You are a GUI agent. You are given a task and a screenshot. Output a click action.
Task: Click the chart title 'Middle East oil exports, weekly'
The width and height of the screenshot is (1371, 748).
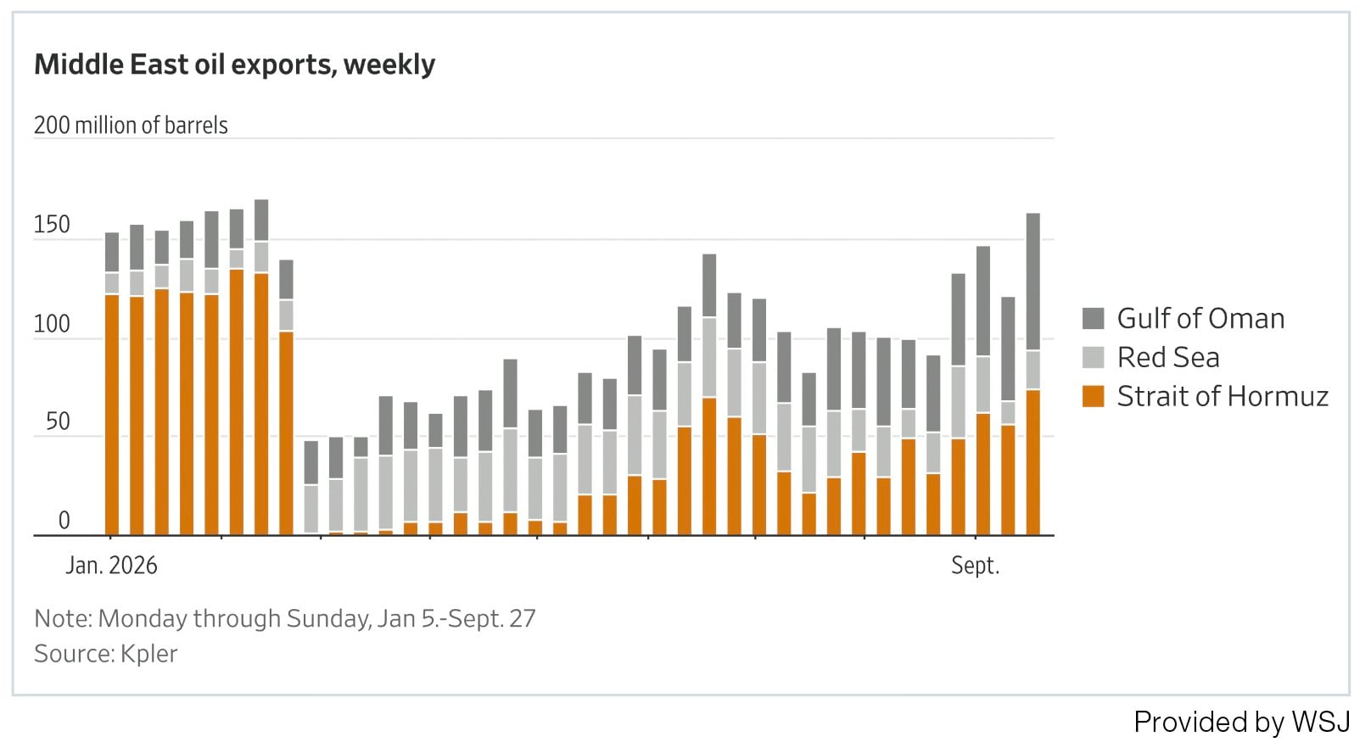tap(234, 64)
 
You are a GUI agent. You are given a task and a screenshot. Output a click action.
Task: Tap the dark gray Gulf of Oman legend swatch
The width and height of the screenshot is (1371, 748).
tap(1093, 319)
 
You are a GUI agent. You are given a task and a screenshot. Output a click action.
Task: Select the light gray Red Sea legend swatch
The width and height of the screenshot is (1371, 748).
tap(1093, 358)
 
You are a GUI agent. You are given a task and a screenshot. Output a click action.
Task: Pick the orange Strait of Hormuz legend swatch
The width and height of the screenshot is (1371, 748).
tap(1093, 396)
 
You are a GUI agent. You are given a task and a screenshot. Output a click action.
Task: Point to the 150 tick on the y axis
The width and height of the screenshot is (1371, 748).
tap(52, 225)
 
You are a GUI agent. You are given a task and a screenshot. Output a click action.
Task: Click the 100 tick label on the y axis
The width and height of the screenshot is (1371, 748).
tap(52, 324)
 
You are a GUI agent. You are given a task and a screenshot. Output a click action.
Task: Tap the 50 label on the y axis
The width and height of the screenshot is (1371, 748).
tap(59, 422)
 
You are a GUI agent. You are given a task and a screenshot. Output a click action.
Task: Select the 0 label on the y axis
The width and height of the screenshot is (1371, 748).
tap(64, 521)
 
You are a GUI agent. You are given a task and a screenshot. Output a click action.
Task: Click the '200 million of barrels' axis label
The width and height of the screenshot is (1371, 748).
tap(131, 126)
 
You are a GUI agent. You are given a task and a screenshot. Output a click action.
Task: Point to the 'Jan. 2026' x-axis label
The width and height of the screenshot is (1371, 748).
tap(111, 566)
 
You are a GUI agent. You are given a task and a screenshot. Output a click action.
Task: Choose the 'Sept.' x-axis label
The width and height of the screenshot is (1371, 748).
tap(975, 566)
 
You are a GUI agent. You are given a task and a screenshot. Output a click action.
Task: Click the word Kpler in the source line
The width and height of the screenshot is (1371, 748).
tap(148, 654)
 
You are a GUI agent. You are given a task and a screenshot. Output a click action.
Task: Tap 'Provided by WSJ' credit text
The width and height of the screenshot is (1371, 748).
tap(1242, 722)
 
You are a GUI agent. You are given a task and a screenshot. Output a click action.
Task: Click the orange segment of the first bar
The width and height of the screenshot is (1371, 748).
tap(112, 415)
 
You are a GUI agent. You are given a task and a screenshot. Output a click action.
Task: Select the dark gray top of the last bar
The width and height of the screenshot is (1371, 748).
tap(1032, 282)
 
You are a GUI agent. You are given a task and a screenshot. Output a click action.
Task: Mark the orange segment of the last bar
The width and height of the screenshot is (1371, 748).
tap(1032, 462)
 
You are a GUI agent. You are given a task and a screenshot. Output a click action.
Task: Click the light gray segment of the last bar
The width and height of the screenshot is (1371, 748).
tap(1032, 370)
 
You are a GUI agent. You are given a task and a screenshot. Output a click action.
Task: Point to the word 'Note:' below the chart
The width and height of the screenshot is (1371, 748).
tap(63, 618)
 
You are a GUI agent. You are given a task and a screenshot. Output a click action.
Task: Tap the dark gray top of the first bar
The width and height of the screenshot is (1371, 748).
tap(112, 253)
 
